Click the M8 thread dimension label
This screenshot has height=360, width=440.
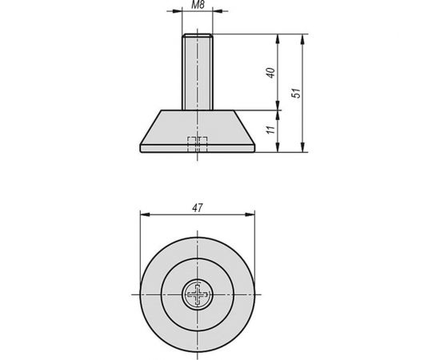click(x=197, y=6)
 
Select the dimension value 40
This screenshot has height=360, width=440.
click(x=271, y=73)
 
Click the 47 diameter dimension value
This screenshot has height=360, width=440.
click(x=197, y=208)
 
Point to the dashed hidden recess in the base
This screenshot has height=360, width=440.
click(x=197, y=144)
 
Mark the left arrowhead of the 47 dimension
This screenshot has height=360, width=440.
click(x=144, y=214)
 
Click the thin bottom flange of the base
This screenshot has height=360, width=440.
click(x=197, y=148)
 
